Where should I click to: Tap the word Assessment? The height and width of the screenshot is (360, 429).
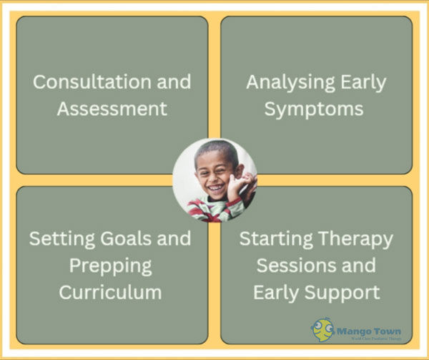click(x=112, y=109)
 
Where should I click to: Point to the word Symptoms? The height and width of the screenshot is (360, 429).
click(x=314, y=109)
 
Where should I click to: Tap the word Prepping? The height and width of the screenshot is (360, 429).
click(x=111, y=266)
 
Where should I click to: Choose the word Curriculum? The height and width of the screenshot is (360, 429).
click(x=111, y=293)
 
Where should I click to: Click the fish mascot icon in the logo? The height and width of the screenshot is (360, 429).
click(x=323, y=330)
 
